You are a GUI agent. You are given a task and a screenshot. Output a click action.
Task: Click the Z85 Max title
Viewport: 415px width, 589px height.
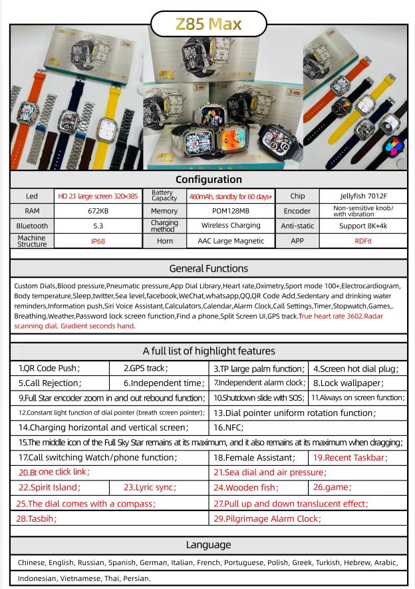208,25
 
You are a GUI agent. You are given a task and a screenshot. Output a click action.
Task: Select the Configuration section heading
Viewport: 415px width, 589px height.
208,180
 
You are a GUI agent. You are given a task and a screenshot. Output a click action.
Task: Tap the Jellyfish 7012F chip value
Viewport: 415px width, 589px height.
362,196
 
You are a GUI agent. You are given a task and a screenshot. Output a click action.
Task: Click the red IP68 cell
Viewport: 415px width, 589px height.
98,241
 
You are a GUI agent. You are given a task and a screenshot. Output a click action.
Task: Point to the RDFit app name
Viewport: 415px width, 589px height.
362,241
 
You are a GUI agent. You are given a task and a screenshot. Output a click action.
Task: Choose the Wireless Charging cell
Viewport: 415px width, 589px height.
230,226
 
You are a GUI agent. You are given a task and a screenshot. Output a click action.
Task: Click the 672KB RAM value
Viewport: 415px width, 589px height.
98,211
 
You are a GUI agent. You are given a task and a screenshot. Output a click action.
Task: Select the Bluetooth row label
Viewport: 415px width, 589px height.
32,226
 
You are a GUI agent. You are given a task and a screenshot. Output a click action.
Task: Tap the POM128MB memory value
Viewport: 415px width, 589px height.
230,211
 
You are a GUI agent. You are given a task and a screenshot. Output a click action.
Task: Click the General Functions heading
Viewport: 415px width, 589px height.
208,269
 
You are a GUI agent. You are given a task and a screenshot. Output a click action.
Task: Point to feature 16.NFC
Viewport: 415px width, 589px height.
229,427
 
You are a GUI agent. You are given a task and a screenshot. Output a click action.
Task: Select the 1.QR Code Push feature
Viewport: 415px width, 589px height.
49,367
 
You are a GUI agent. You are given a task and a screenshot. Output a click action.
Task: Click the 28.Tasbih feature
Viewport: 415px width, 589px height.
37,518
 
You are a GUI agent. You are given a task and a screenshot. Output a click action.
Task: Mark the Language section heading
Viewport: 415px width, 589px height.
208,545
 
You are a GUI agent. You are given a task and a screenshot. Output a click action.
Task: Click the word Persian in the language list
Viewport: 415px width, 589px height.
136,578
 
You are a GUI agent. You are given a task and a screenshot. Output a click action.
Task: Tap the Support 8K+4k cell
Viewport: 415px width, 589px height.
362,226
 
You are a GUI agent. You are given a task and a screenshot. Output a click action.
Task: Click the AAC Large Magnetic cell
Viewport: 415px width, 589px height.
230,241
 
